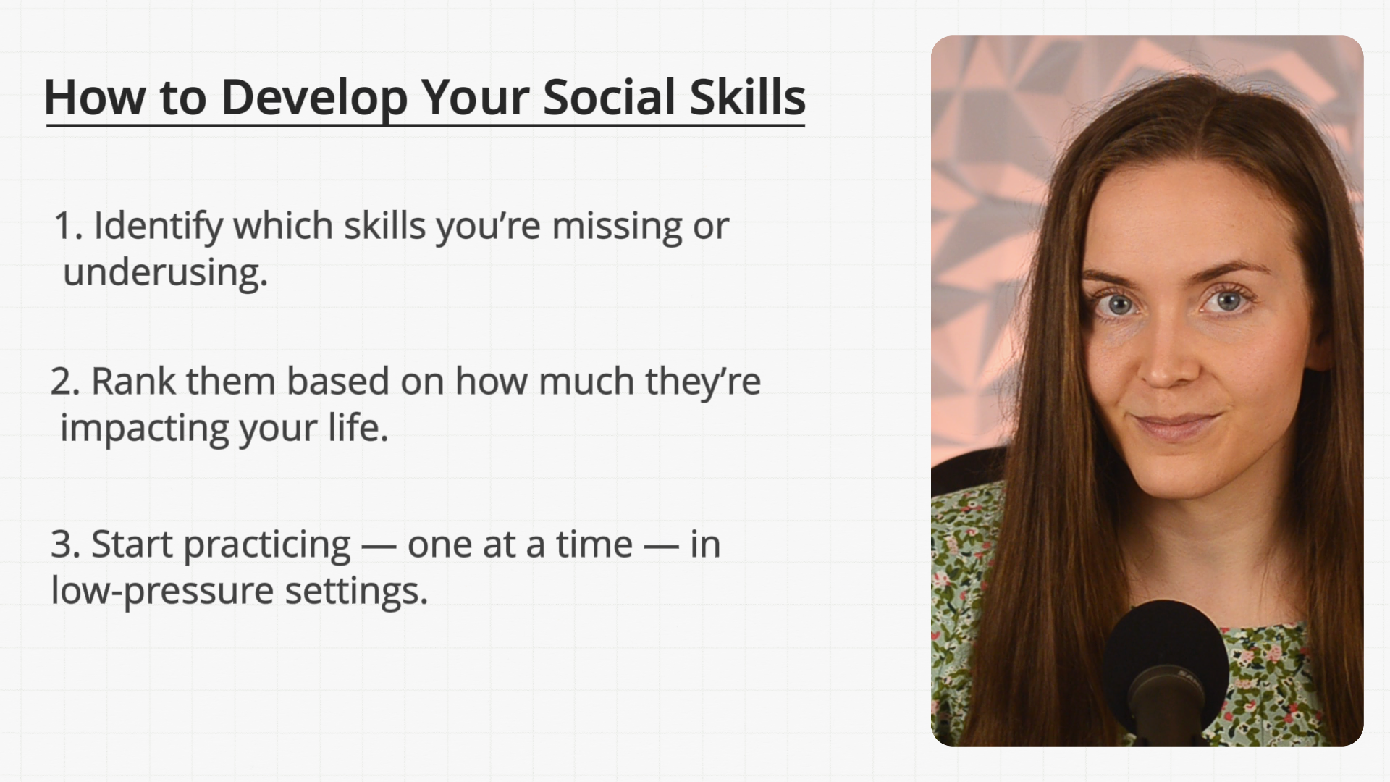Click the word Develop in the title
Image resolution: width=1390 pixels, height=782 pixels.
click(314, 98)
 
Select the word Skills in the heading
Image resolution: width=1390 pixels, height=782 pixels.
click(747, 97)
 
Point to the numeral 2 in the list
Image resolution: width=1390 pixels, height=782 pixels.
click(64, 382)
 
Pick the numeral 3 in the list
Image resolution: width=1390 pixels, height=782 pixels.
click(64, 545)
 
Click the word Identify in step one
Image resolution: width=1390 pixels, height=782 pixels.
click(159, 227)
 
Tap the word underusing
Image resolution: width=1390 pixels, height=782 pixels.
click(166, 273)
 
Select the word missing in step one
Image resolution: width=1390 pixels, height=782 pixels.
click(617, 227)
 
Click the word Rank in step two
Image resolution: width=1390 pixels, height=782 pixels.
click(133, 381)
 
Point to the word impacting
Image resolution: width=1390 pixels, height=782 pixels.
click(145, 429)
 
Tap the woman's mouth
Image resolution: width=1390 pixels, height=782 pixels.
click(1176, 426)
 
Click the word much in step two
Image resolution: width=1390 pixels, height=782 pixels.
click(586, 381)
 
